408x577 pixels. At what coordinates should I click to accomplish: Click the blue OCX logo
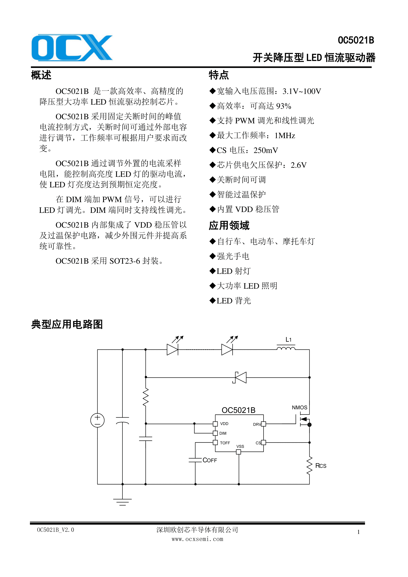click(x=72, y=48)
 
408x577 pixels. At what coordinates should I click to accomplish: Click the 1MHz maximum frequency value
click(x=285, y=136)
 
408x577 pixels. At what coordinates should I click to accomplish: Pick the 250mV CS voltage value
click(x=266, y=150)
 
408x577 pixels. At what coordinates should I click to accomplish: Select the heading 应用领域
click(x=229, y=226)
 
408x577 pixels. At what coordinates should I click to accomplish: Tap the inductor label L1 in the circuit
click(x=288, y=340)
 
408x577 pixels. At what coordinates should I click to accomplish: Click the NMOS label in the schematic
click(x=299, y=408)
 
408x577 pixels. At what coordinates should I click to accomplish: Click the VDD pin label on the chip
click(x=224, y=424)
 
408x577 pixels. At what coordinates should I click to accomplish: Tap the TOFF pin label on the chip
click(x=225, y=443)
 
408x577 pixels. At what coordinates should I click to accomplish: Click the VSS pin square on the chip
click(x=238, y=452)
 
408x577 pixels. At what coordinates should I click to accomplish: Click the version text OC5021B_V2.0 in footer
click(x=56, y=530)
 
